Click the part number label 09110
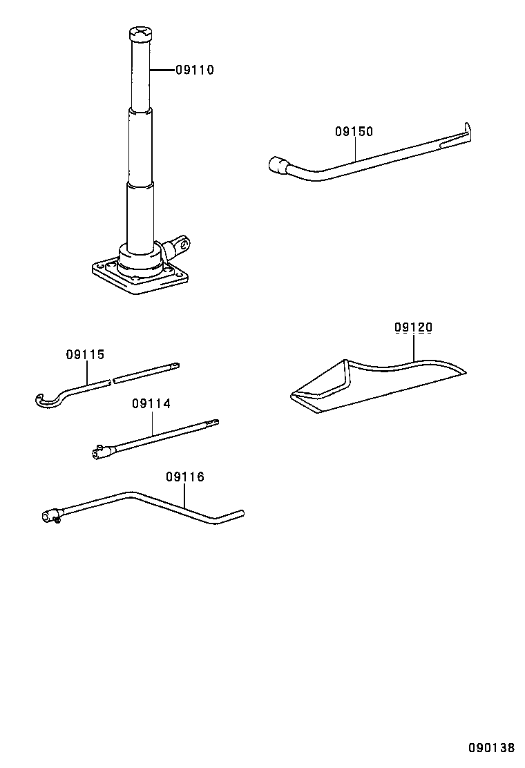(x=194, y=70)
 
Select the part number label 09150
(x=354, y=131)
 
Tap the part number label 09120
(x=413, y=327)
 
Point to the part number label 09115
(x=85, y=355)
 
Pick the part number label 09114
(x=151, y=403)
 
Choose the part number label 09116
(x=185, y=477)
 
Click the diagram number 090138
(x=491, y=749)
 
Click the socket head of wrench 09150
(x=276, y=165)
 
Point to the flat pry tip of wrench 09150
(x=469, y=132)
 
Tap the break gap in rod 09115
(x=112, y=379)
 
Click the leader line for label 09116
(x=185, y=496)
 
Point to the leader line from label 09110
(x=162, y=70)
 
